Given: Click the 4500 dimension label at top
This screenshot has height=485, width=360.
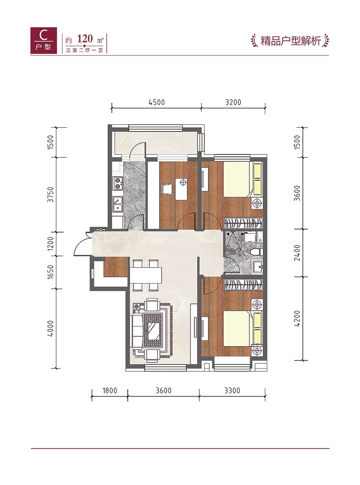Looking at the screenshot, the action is (x=156, y=102).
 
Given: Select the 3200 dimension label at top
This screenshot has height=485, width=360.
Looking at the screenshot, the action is (x=233, y=102).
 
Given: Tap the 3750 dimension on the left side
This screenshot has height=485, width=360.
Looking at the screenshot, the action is (x=50, y=195).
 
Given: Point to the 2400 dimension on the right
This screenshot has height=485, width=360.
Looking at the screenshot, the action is (x=297, y=253).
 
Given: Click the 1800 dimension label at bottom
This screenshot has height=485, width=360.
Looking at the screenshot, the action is (x=110, y=391).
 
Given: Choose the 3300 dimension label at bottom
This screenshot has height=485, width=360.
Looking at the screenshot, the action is (x=232, y=391).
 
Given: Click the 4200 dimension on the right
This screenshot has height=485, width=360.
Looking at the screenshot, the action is (x=297, y=319).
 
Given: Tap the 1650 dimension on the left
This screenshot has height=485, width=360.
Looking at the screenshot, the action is (x=50, y=272).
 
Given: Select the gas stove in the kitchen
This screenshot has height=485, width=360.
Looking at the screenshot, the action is (x=118, y=183).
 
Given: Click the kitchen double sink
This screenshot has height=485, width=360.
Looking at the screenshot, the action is (x=118, y=204).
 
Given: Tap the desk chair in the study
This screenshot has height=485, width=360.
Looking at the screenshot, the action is (x=166, y=189).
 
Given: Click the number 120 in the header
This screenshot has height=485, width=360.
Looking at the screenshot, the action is (x=85, y=39).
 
